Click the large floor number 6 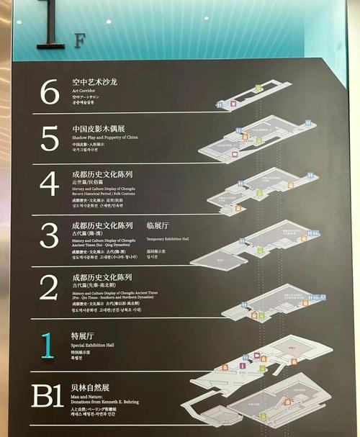[x=49, y=91]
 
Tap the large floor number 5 [x=49, y=137]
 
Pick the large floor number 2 [x=49, y=287]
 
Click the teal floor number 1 [x=47, y=345]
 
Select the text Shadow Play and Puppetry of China [x=105, y=137]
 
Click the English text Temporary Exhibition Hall [x=168, y=238]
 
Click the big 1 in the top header [x=51, y=25]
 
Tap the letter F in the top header [x=78, y=40]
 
